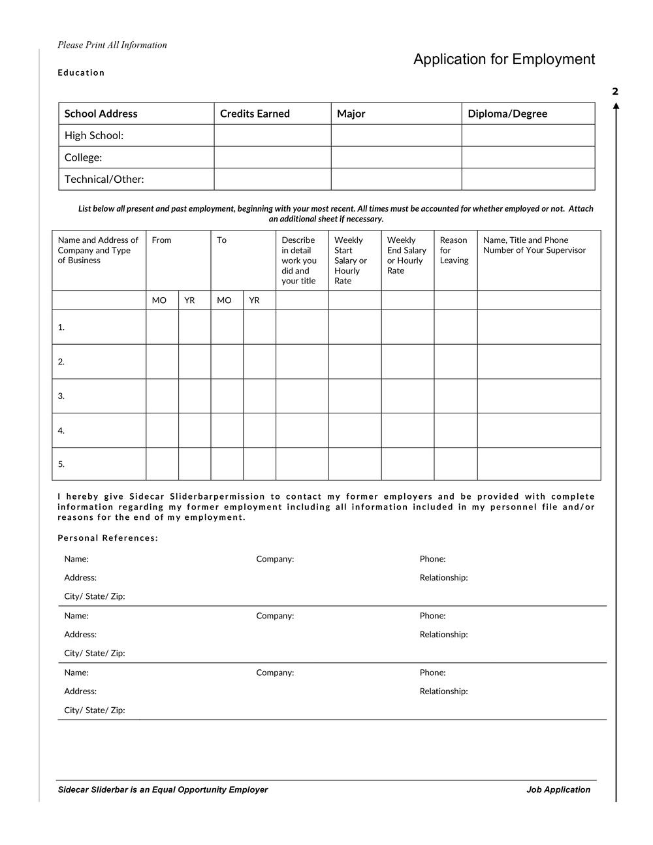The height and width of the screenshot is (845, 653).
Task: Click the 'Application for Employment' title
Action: [x=503, y=59]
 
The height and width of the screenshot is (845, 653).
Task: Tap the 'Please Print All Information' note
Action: [x=112, y=45]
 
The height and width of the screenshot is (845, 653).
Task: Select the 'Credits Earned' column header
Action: [x=255, y=114]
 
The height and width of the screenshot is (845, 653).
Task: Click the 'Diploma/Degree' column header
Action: [x=507, y=114]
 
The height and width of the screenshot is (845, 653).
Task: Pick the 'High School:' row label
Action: [x=94, y=135]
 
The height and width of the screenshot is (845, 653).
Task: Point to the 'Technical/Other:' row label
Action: [x=104, y=179]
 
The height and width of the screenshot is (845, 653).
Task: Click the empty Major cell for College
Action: [x=396, y=157]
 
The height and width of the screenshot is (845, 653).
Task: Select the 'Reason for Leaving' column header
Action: [x=454, y=250]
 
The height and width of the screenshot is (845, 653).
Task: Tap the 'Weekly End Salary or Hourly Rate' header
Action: [x=406, y=255]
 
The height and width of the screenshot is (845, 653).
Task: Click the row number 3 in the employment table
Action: [x=61, y=396]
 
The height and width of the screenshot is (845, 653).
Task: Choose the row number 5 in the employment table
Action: [x=61, y=464]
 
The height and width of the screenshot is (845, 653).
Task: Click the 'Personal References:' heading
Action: [x=108, y=538]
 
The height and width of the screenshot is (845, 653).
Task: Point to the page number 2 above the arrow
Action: [x=615, y=91]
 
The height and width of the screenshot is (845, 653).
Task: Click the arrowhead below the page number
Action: [x=616, y=106]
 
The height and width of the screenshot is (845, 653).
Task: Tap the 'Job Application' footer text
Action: [x=558, y=789]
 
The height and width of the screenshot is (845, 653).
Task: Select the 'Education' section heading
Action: [x=81, y=72]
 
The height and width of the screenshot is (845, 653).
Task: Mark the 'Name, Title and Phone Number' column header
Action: [x=534, y=245]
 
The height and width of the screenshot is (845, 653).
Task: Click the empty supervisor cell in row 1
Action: [x=539, y=327]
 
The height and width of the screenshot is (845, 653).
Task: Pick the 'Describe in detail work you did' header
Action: [x=299, y=261]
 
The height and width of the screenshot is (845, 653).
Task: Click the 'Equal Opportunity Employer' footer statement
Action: [x=163, y=789]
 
